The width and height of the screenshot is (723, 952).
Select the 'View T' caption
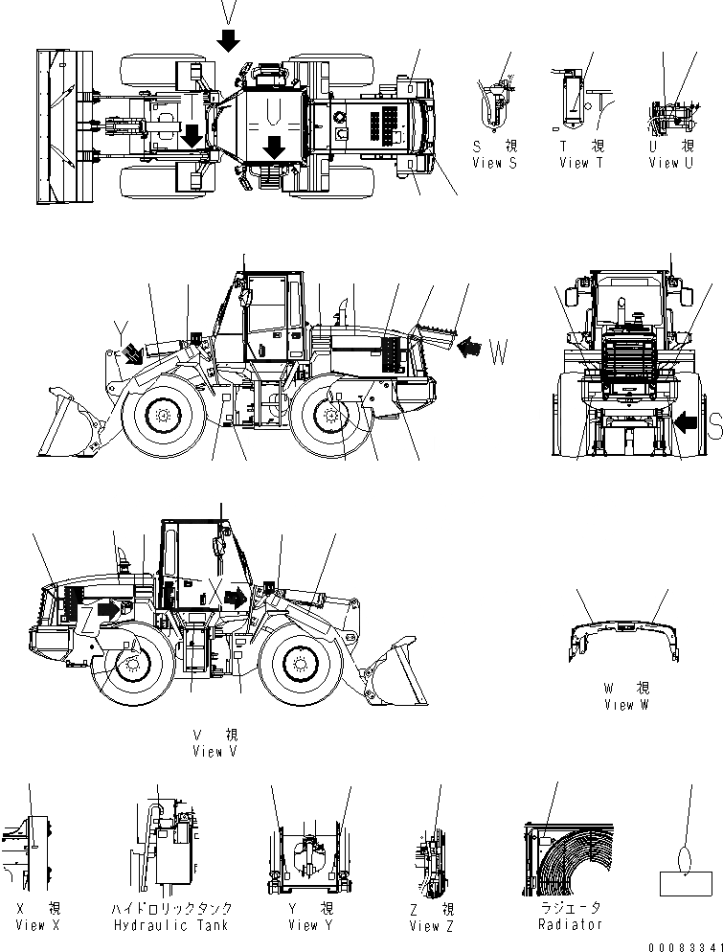click(582, 163)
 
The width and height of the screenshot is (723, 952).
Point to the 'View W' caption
click(626, 705)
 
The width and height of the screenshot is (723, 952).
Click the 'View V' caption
click(215, 752)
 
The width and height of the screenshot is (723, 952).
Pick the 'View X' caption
click(38, 925)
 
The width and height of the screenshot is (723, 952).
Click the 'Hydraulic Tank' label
click(172, 925)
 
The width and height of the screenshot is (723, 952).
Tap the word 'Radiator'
click(570, 924)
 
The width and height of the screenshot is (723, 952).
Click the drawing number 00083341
click(683, 946)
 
